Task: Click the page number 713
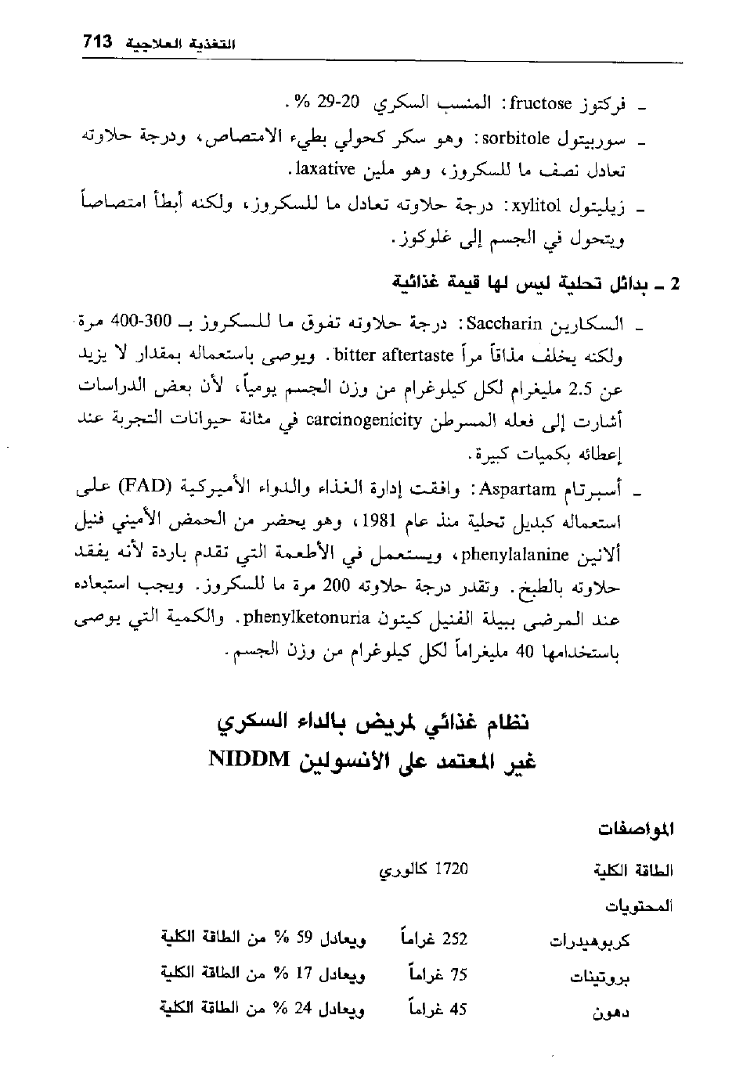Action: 97,41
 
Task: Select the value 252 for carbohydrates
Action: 455,938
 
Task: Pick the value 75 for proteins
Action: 458,974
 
